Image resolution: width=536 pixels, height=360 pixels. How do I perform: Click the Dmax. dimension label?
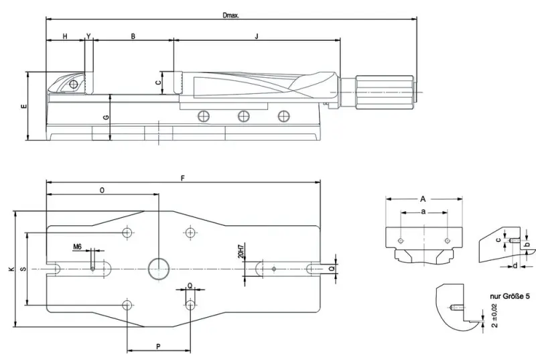(232, 14)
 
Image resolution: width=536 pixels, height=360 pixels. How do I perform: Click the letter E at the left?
(23, 107)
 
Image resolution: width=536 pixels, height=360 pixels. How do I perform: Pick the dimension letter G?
(106, 118)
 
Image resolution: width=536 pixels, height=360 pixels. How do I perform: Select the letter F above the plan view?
(183, 178)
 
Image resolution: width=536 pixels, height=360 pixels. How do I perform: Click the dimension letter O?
(101, 190)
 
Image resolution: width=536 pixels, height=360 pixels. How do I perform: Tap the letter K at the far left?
(10, 269)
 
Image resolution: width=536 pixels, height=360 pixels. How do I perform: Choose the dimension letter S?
(23, 269)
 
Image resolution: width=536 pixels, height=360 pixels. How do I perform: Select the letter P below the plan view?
(158, 347)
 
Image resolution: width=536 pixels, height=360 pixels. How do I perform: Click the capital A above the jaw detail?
(423, 198)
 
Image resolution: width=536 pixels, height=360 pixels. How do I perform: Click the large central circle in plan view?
(159, 267)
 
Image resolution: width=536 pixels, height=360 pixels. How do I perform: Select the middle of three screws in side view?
(243, 117)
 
